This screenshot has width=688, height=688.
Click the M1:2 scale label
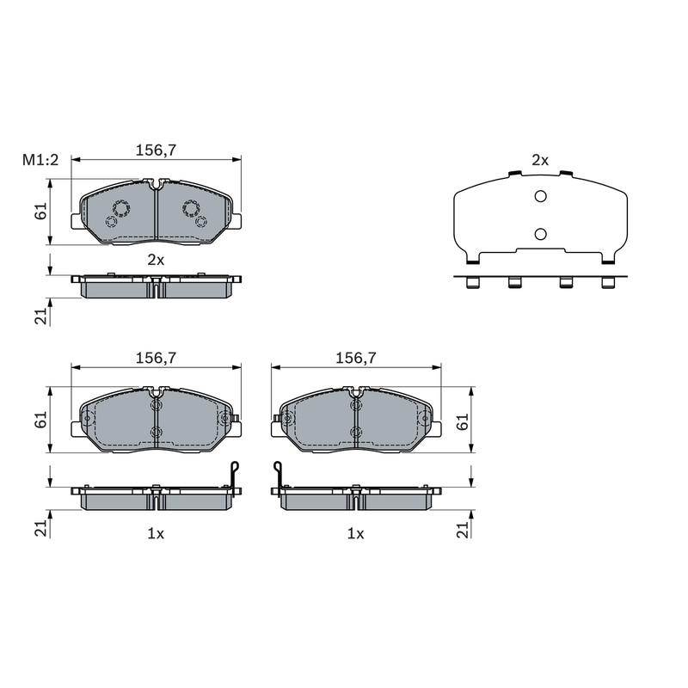(40, 160)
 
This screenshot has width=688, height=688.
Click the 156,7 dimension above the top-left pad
(156, 150)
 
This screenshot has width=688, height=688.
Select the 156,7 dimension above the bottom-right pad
(356, 358)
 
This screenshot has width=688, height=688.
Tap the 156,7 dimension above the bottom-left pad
(156, 358)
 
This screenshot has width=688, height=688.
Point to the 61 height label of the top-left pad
(40, 212)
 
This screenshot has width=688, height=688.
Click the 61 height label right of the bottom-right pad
(463, 421)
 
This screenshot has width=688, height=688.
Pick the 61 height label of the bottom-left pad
(40, 420)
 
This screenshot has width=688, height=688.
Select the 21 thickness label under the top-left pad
(40, 316)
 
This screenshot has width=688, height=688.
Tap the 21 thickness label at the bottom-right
(463, 530)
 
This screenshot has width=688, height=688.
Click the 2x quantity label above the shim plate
(540, 161)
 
